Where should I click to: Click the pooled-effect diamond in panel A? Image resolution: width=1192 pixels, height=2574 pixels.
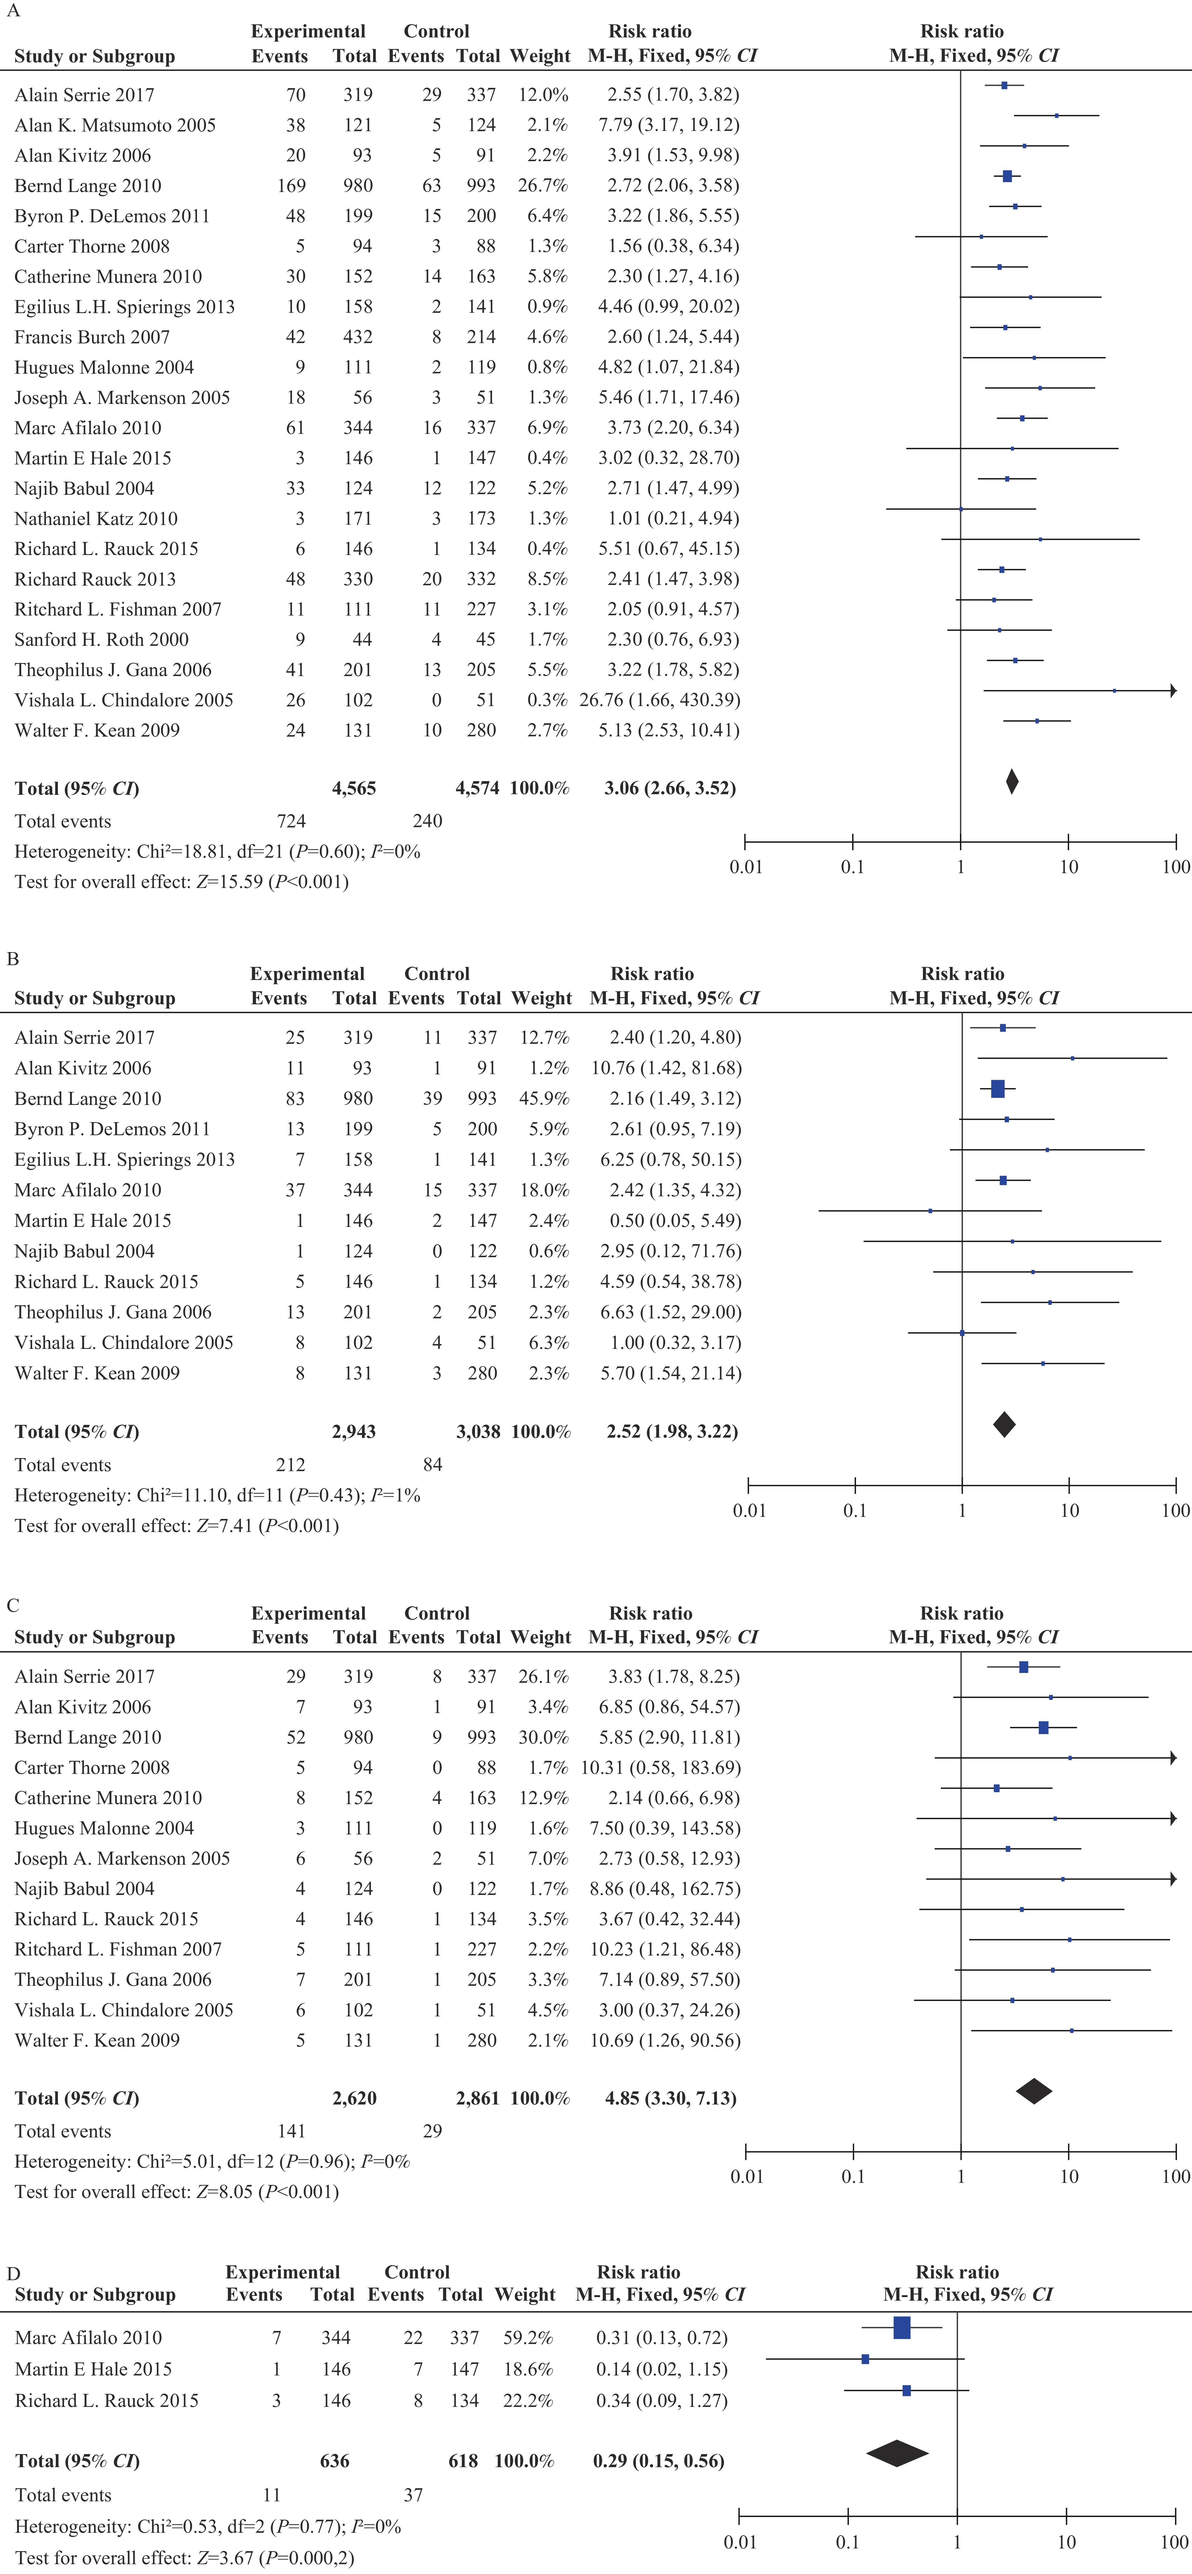1012,781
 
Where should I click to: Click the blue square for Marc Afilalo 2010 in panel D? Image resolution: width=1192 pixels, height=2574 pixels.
901,2327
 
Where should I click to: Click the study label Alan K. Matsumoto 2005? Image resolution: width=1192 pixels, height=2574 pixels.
115,125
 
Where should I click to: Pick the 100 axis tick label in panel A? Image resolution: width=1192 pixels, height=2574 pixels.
1176,866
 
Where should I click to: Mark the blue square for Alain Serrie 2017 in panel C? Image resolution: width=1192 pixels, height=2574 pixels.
1023,1667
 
